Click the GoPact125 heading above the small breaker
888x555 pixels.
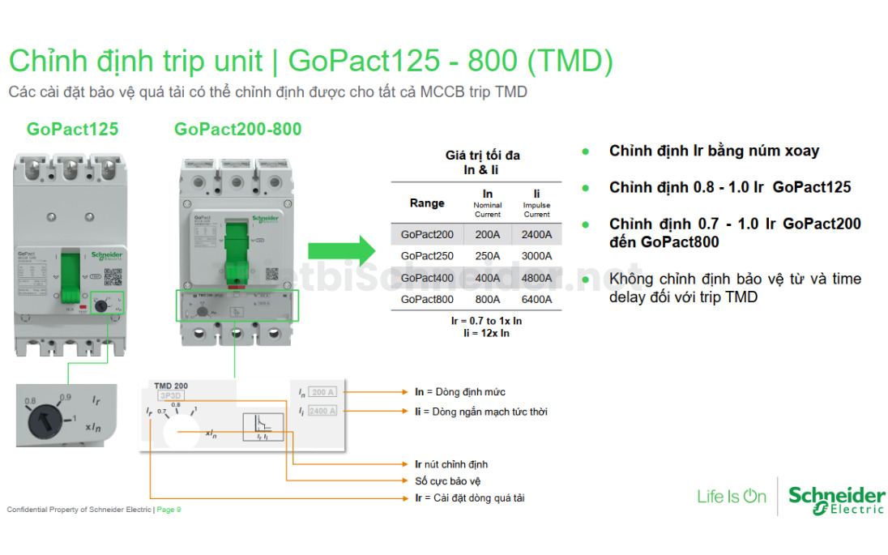tap(72, 130)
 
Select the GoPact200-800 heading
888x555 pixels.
tap(237, 130)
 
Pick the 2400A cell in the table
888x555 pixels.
tap(536, 235)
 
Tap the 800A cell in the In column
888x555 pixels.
tap(488, 300)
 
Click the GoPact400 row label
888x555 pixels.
tap(427, 278)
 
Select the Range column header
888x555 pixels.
tap(427, 203)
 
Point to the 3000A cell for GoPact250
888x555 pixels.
tap(536, 256)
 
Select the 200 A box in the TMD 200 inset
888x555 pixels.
tap(323, 392)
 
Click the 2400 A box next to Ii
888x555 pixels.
tap(323, 412)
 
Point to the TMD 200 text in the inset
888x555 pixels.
tap(171, 386)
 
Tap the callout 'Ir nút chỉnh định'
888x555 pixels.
tap(451, 464)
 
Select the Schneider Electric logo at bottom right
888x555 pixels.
tap(836, 498)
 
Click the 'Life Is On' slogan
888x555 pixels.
tap(731, 497)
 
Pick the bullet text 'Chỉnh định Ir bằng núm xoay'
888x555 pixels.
tap(714, 152)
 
